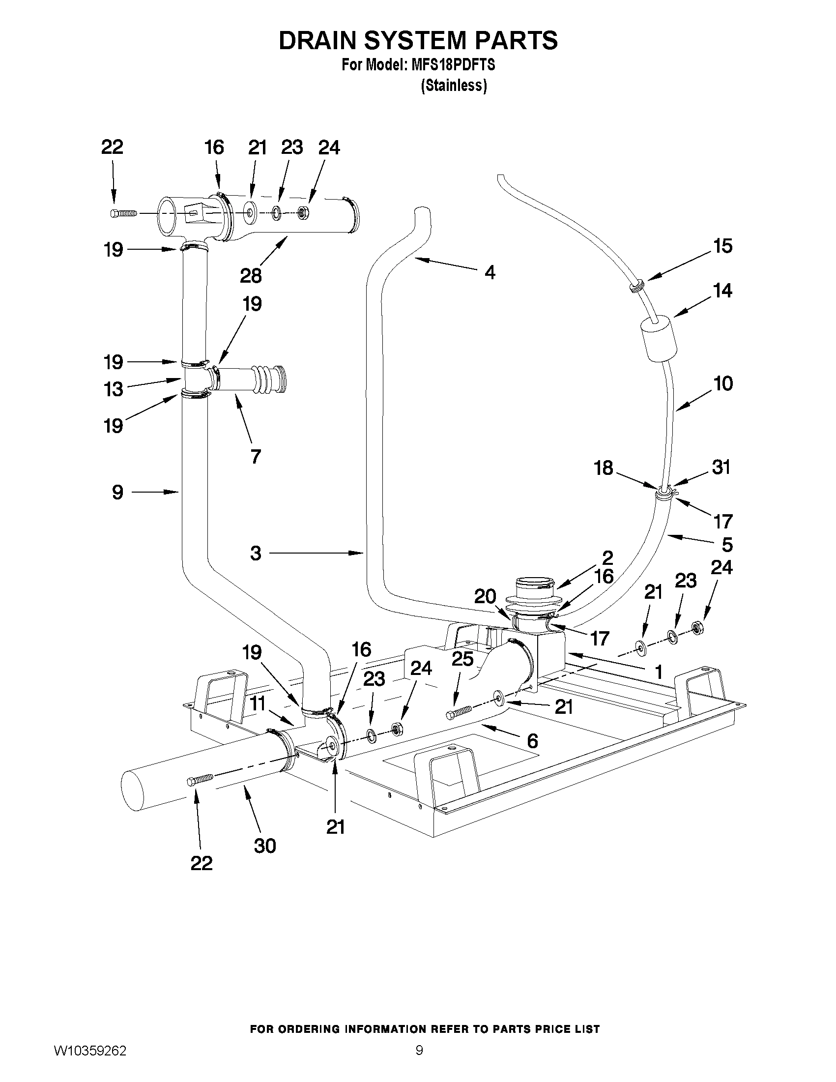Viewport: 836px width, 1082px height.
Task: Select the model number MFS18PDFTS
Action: [x=453, y=65]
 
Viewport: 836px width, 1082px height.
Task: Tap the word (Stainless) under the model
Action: [x=454, y=86]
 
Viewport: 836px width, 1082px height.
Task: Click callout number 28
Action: [x=251, y=276]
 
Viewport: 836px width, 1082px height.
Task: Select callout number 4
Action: [x=490, y=272]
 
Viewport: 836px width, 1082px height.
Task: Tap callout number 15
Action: [x=722, y=246]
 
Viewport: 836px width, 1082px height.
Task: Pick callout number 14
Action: [x=722, y=291]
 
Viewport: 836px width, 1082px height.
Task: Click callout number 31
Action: [x=721, y=467]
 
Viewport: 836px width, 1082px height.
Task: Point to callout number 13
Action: [x=114, y=389]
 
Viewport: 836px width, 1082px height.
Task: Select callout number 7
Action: [x=255, y=456]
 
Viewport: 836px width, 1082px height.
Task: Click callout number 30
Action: [x=264, y=846]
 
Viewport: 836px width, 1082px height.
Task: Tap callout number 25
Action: [x=462, y=659]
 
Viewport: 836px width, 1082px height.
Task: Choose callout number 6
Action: [x=532, y=741]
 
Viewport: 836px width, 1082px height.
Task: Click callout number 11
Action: [x=258, y=703]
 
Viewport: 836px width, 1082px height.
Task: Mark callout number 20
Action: [x=485, y=597]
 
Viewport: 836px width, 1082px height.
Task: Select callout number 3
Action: [x=256, y=553]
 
